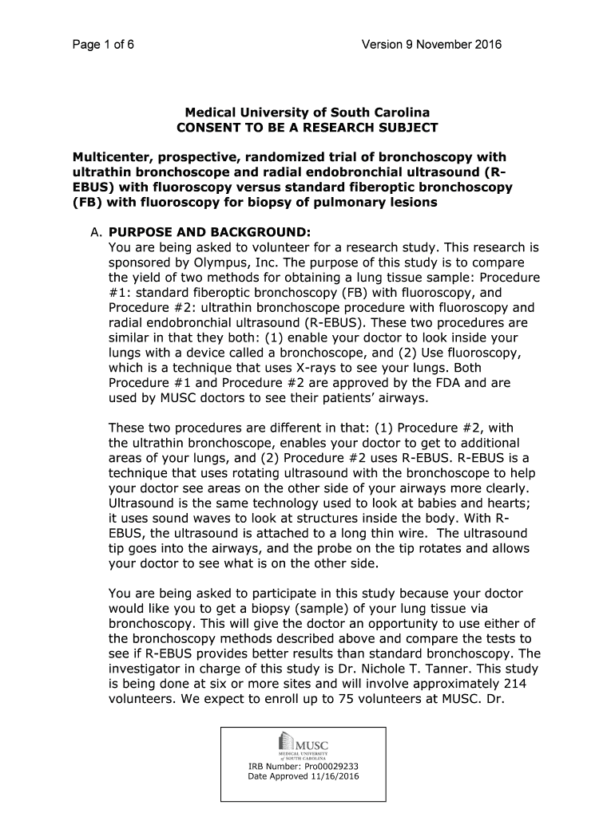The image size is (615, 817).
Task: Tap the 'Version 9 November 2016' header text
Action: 431,45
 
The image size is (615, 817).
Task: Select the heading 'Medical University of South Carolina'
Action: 307,113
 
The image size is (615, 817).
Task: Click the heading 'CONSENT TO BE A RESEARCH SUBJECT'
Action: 307,128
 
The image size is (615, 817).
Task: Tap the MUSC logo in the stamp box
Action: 307,744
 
